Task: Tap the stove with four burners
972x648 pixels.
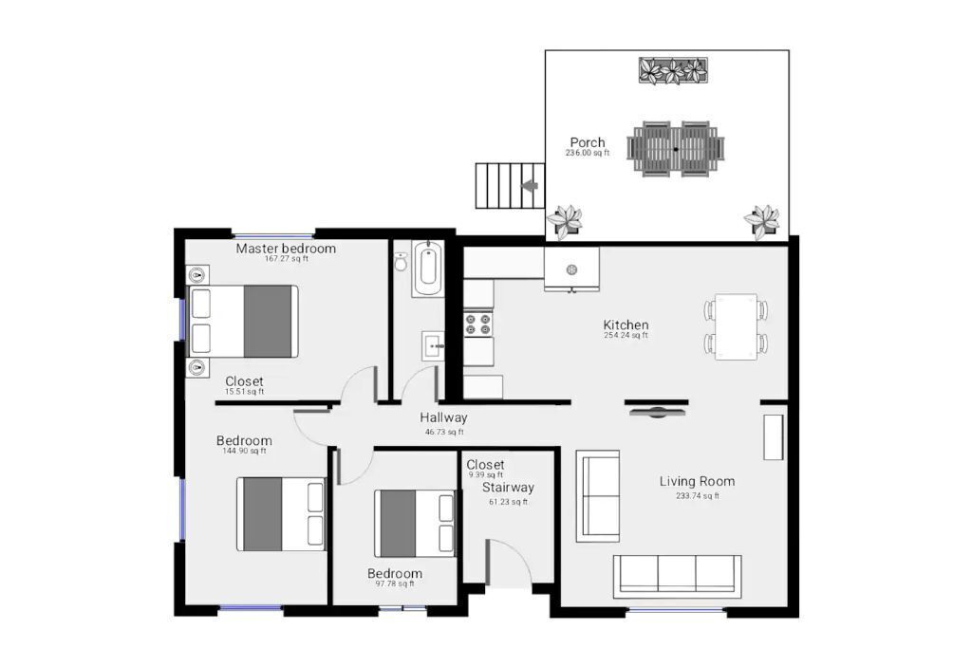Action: tap(477, 324)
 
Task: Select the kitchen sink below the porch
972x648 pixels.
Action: tap(571, 269)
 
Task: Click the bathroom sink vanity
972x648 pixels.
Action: tap(433, 345)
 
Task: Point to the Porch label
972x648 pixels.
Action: tap(588, 143)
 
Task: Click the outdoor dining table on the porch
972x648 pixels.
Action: tap(676, 149)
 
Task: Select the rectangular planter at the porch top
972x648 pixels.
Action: tap(673, 71)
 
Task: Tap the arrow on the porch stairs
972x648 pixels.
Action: tap(530, 186)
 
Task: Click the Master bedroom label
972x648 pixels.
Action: tap(286, 249)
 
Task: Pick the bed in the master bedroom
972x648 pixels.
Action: tap(244, 322)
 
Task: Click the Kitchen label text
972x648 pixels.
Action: tap(626, 325)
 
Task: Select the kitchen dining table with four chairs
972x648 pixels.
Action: tap(737, 326)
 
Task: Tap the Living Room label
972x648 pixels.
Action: tap(697, 482)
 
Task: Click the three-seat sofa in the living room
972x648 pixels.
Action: tap(678, 574)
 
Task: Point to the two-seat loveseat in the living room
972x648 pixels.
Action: tap(598, 496)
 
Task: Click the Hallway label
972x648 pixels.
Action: tap(443, 417)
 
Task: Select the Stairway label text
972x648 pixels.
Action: tap(508, 488)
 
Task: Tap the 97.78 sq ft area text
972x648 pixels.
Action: tap(395, 584)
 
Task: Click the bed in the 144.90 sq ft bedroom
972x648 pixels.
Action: tap(281, 513)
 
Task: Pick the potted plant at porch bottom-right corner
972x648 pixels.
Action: tap(762, 220)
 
